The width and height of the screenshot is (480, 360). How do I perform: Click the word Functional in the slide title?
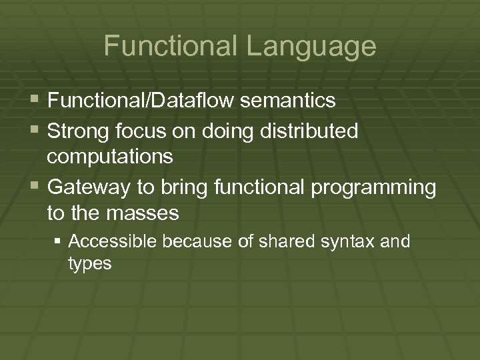pyautogui.click(x=167, y=47)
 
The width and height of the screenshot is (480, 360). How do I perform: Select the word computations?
pyautogui.click(x=110, y=157)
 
